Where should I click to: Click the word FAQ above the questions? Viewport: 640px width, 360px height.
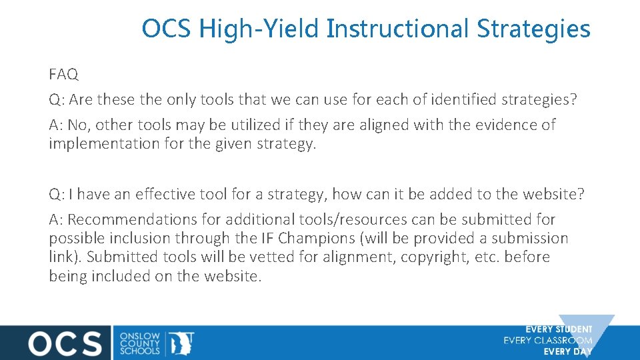click(x=63, y=73)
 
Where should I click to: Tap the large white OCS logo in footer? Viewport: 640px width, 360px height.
click(x=65, y=343)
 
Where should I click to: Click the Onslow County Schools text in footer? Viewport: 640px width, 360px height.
click(x=140, y=343)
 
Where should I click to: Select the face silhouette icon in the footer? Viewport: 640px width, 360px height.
click(x=181, y=343)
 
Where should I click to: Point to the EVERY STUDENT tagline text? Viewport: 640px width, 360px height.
click(x=558, y=329)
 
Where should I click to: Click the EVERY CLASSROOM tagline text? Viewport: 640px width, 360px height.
click(x=547, y=341)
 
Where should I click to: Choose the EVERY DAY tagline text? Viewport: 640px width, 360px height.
click(x=567, y=351)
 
